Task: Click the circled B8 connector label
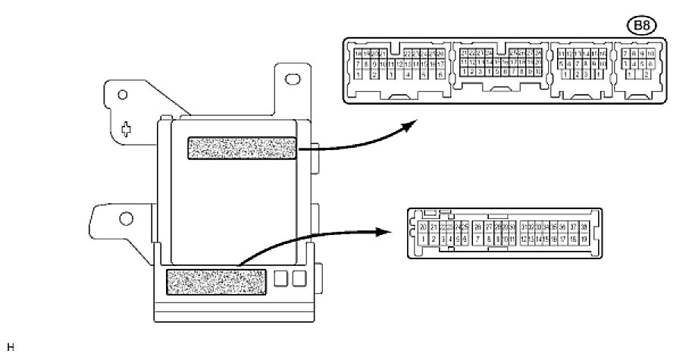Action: [644, 26]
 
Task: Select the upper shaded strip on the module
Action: [242, 149]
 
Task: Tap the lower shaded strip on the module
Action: [215, 282]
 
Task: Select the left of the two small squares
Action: [281, 279]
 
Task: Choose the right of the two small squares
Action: [299, 279]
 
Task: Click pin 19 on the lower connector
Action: [584, 239]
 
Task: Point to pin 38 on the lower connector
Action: [584, 227]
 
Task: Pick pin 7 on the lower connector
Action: [478, 239]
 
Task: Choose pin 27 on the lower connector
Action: [488, 227]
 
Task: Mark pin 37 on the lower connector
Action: [572, 227]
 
